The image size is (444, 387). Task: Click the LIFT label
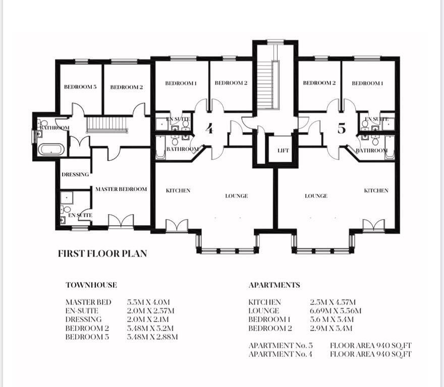point(283,151)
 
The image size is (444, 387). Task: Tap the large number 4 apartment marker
point(209,128)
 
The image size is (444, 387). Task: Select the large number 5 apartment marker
point(342,128)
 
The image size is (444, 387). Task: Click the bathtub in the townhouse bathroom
point(51,149)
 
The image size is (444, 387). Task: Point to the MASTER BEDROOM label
point(121,189)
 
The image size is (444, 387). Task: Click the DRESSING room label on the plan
point(75,174)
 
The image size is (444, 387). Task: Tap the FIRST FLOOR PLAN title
point(102,253)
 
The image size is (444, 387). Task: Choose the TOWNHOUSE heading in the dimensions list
point(91,285)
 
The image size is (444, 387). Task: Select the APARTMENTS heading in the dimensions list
point(274,285)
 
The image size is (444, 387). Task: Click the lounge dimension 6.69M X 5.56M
point(336,310)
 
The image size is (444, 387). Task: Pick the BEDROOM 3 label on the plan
point(80,87)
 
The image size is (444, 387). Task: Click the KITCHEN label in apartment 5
point(376,190)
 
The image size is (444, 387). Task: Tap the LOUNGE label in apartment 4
point(237,196)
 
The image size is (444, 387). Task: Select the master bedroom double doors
point(121,221)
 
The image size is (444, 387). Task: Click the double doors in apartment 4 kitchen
point(177,225)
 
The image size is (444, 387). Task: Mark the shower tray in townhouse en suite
point(67,198)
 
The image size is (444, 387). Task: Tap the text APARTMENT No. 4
point(281,354)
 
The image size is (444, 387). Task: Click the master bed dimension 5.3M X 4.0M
point(148,302)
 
